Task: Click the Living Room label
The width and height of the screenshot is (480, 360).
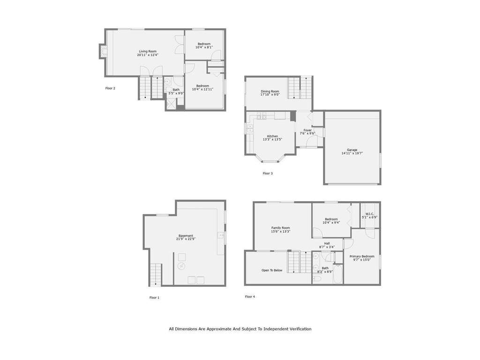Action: click(148, 52)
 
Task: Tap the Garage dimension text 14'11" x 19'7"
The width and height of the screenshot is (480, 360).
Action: click(352, 153)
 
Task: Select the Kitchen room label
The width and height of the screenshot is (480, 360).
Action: click(272, 136)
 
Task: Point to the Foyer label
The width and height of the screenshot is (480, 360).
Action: click(307, 130)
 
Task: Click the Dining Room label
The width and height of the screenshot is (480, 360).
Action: click(270, 91)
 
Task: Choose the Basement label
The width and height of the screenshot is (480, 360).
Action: click(186, 236)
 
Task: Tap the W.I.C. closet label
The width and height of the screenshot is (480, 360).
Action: click(370, 214)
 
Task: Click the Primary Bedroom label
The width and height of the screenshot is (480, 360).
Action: click(362, 256)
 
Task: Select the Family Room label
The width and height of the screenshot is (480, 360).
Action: click(281, 228)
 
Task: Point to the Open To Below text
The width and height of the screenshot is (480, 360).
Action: click(272, 270)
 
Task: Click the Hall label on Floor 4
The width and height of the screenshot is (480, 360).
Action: click(327, 243)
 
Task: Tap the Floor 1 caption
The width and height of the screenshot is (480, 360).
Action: click(154, 298)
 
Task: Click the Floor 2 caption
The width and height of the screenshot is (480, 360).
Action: click(110, 88)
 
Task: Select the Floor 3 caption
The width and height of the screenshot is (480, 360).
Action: click(268, 173)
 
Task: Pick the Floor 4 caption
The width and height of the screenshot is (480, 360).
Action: click(250, 297)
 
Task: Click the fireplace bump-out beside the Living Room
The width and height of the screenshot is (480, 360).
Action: click(102, 51)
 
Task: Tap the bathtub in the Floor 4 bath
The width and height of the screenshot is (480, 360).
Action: click(338, 274)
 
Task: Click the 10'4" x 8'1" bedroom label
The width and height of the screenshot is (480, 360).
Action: click(204, 45)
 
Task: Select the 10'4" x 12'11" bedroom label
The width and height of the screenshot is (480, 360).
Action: click(202, 88)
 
